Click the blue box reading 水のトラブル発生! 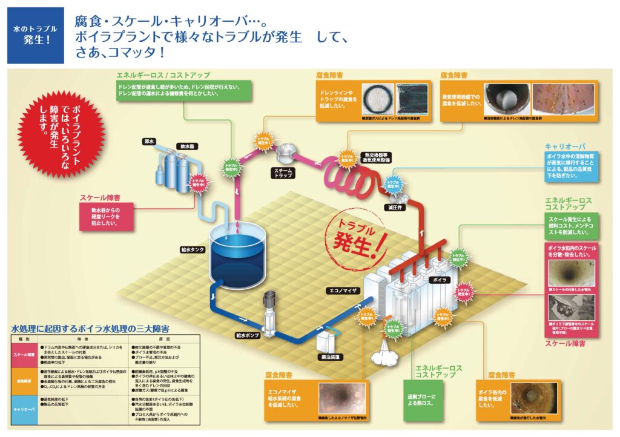pos(36,35)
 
